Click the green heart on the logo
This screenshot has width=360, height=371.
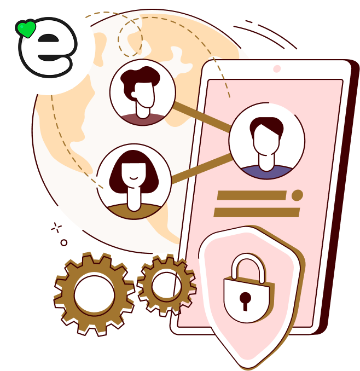click(x=26, y=29)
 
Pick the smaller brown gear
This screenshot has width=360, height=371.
click(x=166, y=284)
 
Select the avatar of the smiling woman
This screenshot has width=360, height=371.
click(x=134, y=181)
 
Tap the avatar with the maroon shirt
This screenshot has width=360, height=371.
click(x=143, y=92)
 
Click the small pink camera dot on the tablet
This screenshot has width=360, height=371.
click(x=277, y=69)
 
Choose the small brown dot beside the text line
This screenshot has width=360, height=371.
click(x=297, y=195)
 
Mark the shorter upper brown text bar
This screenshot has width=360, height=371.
click(x=252, y=195)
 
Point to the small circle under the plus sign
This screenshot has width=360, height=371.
click(x=64, y=242)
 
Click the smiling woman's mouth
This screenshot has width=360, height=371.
click(x=133, y=177)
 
